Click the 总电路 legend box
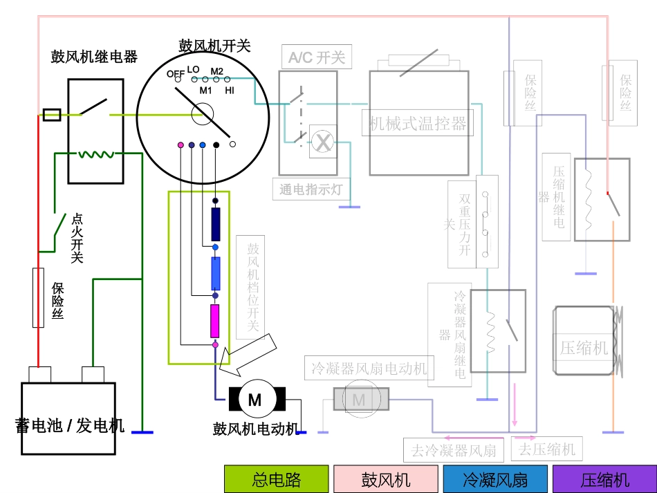click(x=276, y=479)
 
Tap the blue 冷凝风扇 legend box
click(x=494, y=479)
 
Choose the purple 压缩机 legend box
click(x=604, y=479)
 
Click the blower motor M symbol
click(x=255, y=400)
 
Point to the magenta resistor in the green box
click(x=215, y=320)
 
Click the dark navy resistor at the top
click(x=215, y=224)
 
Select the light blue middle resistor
click(x=215, y=273)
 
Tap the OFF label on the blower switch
click(x=176, y=74)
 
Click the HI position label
click(x=230, y=90)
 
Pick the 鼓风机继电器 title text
click(x=94, y=57)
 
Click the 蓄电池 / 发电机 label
click(x=69, y=425)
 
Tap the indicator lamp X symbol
click(x=322, y=142)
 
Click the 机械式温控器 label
click(x=418, y=124)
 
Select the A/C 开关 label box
click(x=316, y=57)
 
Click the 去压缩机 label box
click(x=546, y=449)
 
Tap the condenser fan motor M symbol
click(x=359, y=400)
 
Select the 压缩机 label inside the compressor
click(x=583, y=348)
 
